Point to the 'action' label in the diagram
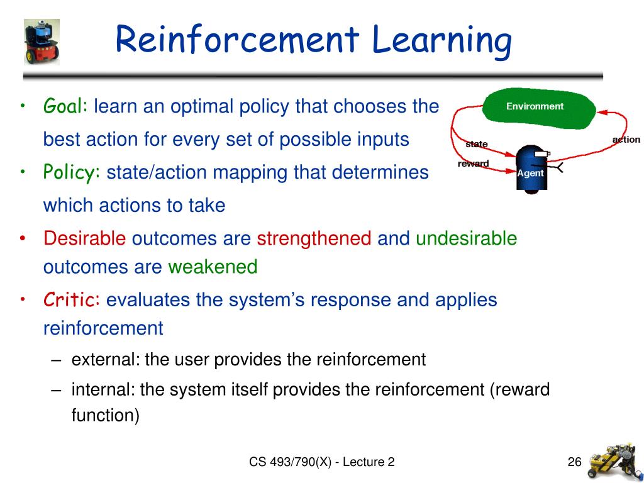[626, 140]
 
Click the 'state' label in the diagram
[476, 144]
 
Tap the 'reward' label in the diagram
[473, 164]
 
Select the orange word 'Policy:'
[72, 172]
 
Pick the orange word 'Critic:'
[72, 300]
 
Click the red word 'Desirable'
[85, 239]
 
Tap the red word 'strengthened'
[314, 239]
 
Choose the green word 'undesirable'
[466, 239]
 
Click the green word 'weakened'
[213, 267]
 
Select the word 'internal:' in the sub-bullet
[103, 390]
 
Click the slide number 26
[574, 462]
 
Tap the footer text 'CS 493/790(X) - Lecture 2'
[321, 462]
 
